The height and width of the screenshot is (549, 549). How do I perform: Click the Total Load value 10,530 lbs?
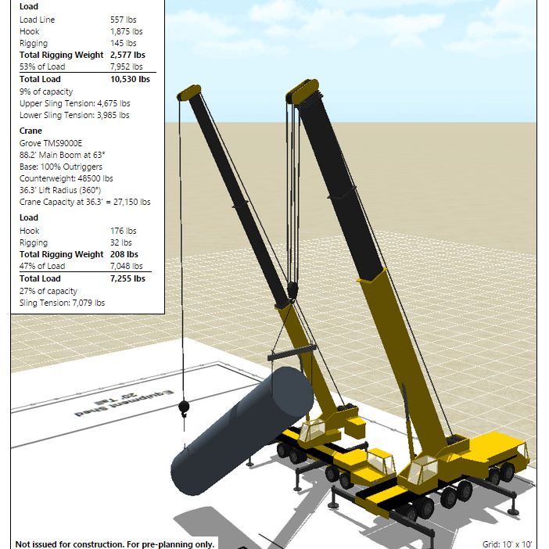[x=130, y=80]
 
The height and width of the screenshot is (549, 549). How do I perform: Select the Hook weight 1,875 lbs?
[x=127, y=31]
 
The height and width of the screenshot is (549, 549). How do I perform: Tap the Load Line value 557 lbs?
[x=124, y=20]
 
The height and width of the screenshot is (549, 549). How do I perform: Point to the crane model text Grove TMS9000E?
[x=51, y=143]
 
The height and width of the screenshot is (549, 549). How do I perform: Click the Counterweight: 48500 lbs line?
[x=66, y=178]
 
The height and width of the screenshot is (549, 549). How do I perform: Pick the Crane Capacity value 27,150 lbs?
[x=131, y=202]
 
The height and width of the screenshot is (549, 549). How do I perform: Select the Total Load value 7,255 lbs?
[x=127, y=278]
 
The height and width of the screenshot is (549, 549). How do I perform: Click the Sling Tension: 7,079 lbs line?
[x=62, y=303]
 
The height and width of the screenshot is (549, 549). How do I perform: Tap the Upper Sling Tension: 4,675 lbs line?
[x=74, y=104]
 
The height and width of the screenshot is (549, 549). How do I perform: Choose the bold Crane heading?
[x=30, y=131]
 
